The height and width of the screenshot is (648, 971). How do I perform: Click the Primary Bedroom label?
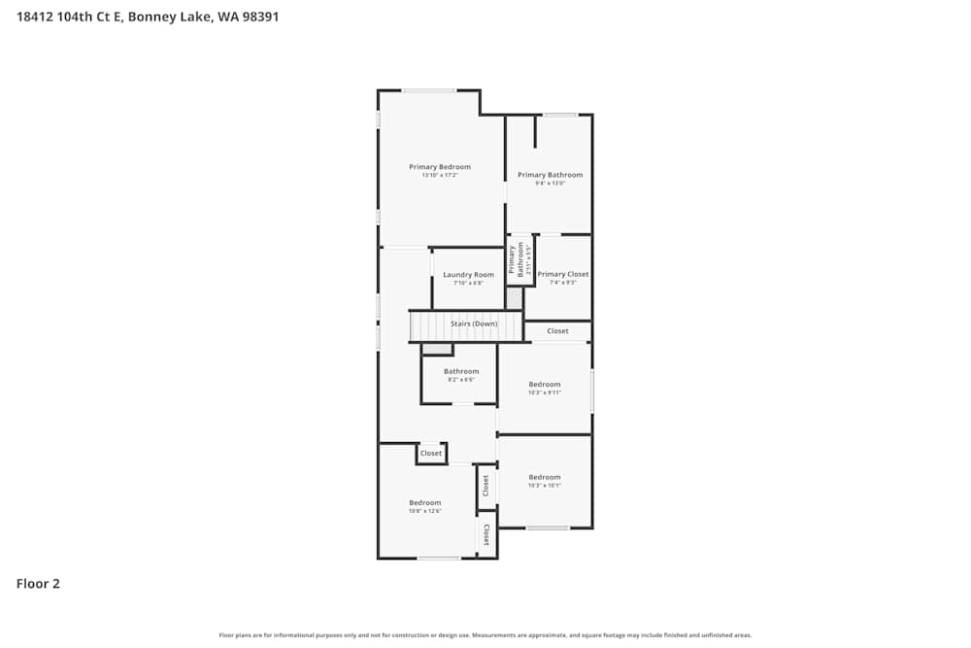click(x=440, y=167)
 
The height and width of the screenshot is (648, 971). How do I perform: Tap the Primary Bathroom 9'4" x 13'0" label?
click(x=550, y=175)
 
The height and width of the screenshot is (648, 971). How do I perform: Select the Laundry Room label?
click(x=468, y=275)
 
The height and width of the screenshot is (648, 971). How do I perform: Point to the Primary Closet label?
click(x=563, y=274)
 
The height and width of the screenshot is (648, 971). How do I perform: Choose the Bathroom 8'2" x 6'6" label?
click(x=461, y=371)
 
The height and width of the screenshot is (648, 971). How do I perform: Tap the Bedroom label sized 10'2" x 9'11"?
click(x=545, y=385)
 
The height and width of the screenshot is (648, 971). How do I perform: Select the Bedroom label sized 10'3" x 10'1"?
click(x=545, y=477)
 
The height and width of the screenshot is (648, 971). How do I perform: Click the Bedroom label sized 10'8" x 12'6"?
click(x=425, y=503)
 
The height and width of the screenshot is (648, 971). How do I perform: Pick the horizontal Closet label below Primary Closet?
click(x=557, y=331)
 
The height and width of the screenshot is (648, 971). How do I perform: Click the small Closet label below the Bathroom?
click(x=431, y=454)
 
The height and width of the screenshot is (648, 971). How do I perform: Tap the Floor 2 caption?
click(x=38, y=584)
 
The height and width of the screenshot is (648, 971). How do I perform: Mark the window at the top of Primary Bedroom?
click(x=429, y=90)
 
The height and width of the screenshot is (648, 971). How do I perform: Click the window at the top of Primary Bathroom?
click(x=560, y=115)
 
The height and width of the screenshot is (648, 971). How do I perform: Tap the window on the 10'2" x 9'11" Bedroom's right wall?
click(x=592, y=390)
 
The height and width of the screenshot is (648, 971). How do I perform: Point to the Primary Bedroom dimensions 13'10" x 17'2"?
click(x=440, y=175)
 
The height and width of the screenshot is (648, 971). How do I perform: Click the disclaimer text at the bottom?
click(x=485, y=635)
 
